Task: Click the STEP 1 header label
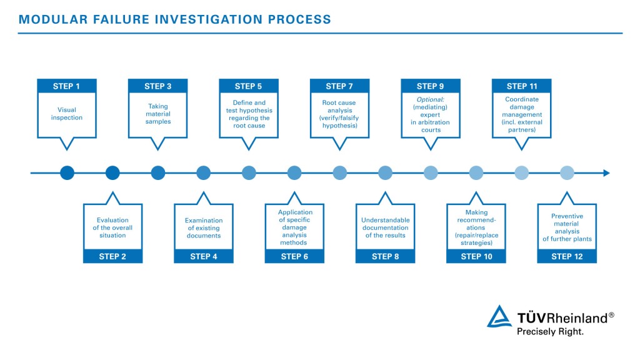click(67, 86)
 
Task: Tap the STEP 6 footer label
click(294, 256)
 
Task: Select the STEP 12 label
click(567, 256)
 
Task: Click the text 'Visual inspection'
click(67, 114)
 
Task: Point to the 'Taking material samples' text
click(158, 114)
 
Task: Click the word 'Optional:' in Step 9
click(431, 99)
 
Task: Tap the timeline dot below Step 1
click(67, 173)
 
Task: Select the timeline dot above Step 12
click(567, 173)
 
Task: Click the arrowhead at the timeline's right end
click(606, 173)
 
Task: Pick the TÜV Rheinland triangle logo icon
click(499, 317)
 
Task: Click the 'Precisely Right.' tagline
click(550, 332)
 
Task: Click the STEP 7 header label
click(339, 86)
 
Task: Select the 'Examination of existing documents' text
click(204, 228)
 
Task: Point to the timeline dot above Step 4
click(204, 173)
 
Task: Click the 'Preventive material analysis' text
click(567, 227)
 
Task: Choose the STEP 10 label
click(476, 256)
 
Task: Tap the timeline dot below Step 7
click(339, 173)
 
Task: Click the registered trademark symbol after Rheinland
click(611, 315)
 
